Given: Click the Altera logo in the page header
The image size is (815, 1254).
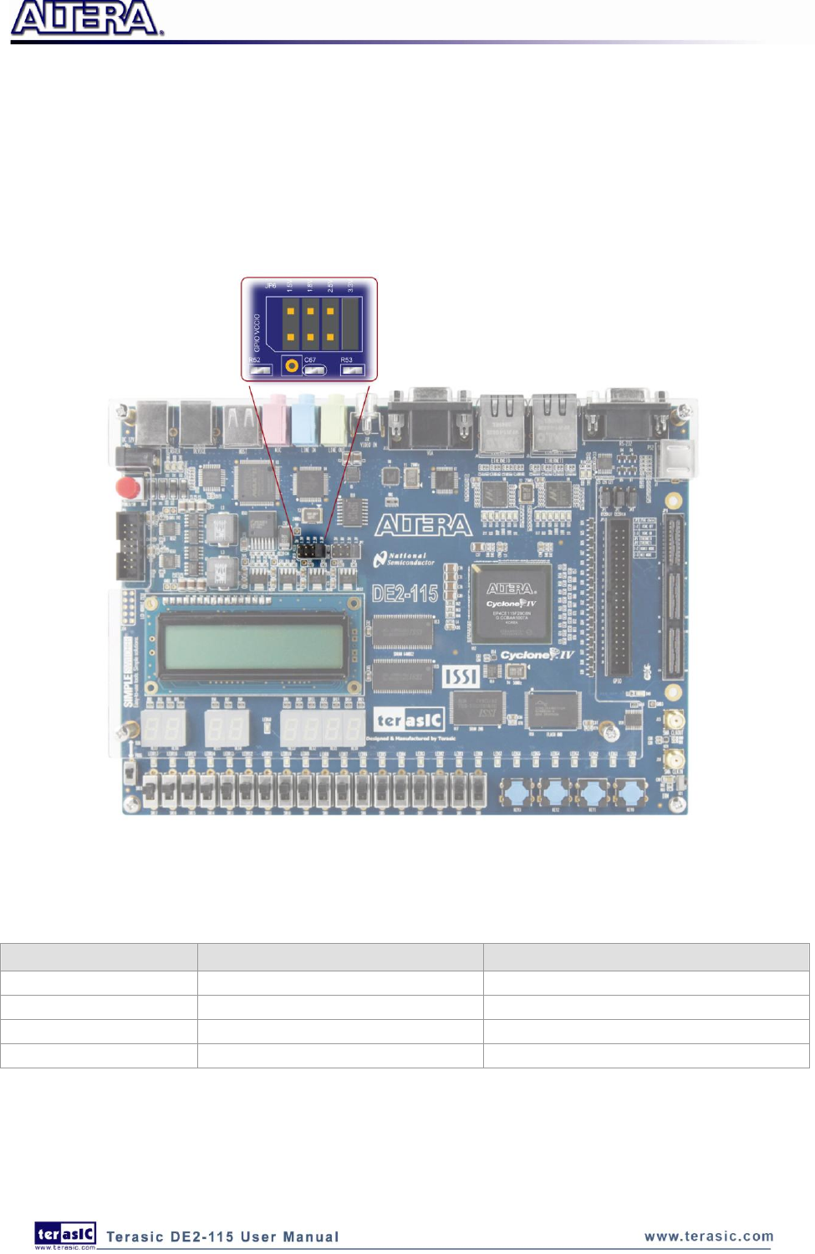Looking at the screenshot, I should [86, 18].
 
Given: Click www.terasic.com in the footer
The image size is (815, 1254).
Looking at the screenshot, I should [708, 1236].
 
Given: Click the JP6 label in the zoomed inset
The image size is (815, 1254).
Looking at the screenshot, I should [270, 286].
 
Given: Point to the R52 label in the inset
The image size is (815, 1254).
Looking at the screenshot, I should [254, 360].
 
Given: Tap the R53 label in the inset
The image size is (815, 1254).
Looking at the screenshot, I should [346, 360].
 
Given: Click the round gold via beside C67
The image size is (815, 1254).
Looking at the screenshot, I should [291, 364].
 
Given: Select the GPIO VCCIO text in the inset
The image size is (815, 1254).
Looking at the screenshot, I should [257, 333].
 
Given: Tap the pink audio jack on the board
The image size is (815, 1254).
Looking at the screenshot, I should [275, 419].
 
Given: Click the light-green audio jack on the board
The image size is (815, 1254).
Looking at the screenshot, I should [335, 419].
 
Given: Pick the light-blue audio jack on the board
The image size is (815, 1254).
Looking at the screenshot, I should [304, 419].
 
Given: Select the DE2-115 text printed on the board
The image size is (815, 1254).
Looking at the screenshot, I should [405, 594].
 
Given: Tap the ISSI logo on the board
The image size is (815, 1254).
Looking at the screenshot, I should [461, 675].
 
